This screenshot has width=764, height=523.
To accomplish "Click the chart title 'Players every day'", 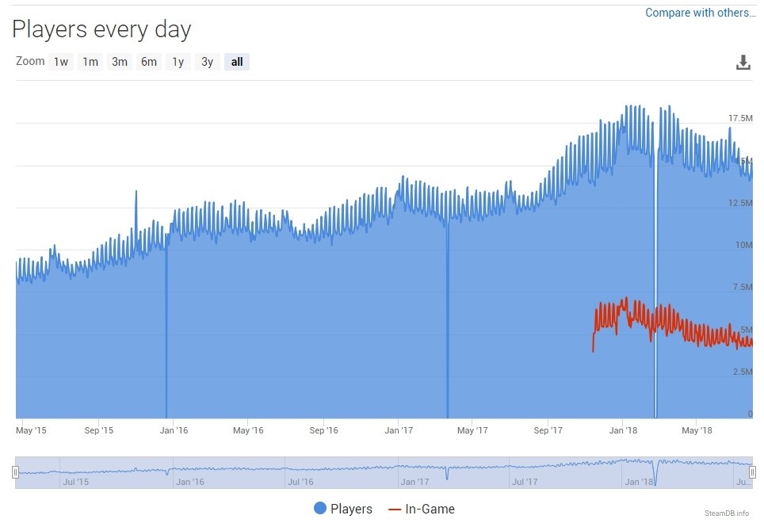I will tap(101, 30).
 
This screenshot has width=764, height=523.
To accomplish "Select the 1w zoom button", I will tap(61, 62).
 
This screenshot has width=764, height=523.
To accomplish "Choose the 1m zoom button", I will tap(90, 62).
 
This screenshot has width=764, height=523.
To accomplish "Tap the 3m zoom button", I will tap(120, 62).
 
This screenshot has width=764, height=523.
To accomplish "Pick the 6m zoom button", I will tap(149, 62).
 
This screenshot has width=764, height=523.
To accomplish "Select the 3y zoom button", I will tap(207, 62).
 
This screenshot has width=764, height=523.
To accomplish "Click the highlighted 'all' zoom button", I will tap(237, 62).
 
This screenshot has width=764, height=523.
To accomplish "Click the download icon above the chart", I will tap(743, 63).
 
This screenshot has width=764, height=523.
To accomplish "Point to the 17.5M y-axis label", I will tap(740, 118).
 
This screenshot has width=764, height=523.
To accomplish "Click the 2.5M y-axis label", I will tap(743, 372).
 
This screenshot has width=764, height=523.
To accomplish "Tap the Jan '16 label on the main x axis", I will tap(174, 430).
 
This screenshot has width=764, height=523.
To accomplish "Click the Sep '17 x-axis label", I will tap(548, 430).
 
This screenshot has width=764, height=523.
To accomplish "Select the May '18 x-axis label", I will tap(696, 430).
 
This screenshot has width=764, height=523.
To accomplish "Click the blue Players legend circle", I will tap(320, 509).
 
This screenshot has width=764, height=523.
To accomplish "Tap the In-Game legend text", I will tap(430, 509).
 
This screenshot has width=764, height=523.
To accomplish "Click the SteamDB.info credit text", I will tap(726, 513).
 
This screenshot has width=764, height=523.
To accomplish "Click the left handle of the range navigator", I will tap(15, 472).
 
